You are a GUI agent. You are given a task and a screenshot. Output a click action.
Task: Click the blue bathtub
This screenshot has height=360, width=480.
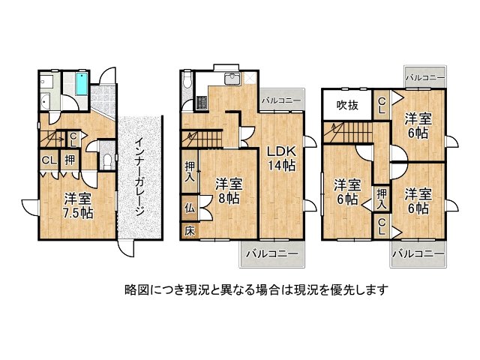click(82, 83)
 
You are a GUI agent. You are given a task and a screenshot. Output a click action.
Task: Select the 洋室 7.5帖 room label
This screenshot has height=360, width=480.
click(78, 205)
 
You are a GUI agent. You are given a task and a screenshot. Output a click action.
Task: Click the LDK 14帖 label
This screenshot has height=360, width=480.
click(282, 158)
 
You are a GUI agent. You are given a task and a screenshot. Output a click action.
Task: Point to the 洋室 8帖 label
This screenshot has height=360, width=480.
click(229, 191)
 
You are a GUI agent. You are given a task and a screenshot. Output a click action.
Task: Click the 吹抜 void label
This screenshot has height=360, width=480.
click(347, 105)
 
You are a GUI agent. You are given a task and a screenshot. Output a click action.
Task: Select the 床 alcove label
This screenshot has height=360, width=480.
click(190, 231)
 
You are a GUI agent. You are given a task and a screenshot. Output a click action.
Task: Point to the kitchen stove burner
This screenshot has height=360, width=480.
click(202, 102)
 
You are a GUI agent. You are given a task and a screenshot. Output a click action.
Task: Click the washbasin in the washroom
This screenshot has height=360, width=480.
click(45, 100)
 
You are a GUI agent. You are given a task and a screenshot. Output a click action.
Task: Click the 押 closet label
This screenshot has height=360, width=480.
click(70, 160)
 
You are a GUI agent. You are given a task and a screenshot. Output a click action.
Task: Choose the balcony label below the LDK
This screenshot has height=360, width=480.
click(271, 253)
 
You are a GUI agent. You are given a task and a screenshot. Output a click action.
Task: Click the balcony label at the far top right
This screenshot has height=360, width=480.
click(425, 77)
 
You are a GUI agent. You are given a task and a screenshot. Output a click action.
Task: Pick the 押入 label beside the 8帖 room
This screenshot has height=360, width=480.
click(190, 172)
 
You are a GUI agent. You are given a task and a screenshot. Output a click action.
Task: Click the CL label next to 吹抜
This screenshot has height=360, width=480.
click(382, 105)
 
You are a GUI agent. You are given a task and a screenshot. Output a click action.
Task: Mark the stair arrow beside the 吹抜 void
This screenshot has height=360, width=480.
click(333, 130)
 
